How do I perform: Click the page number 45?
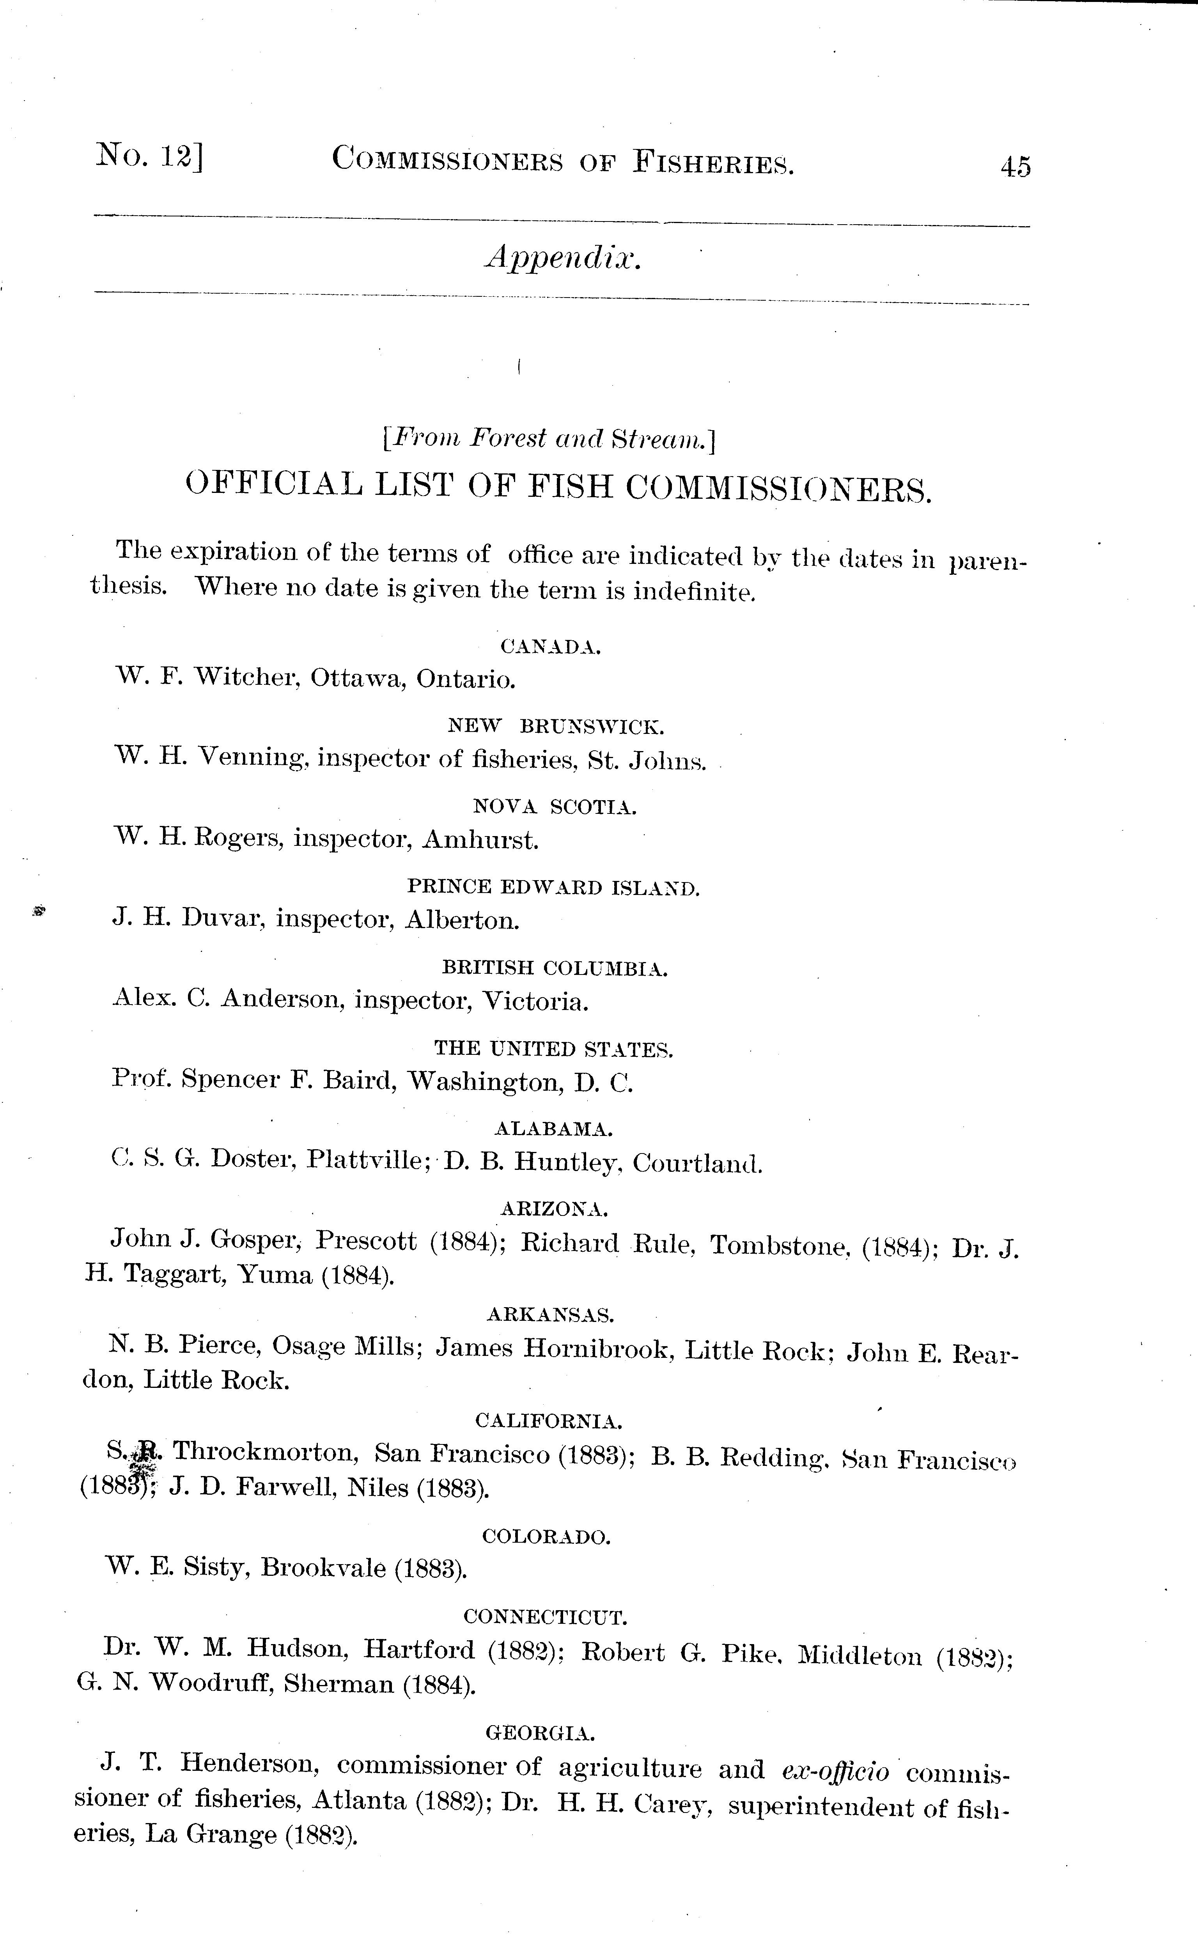tap(1015, 167)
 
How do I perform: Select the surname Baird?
tap(359, 1081)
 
